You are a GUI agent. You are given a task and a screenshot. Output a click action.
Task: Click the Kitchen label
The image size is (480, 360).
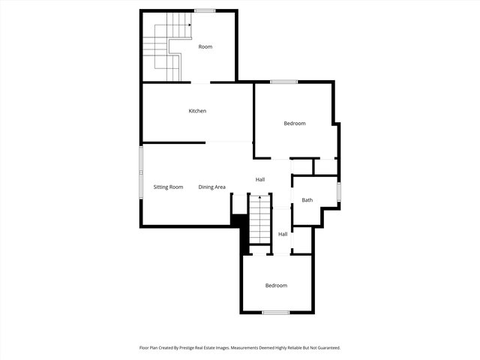pos(197,111)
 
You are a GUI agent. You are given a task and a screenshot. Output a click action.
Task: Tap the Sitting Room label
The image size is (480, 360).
pos(168,187)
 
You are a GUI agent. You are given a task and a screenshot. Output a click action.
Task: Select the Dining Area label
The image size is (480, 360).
pos(212,187)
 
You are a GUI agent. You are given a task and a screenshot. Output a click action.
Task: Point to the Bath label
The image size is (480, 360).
pos(307,200)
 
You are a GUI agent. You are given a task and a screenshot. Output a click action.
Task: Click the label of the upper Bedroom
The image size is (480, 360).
pos(294,123)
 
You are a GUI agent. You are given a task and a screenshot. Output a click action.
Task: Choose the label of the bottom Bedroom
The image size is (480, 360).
pos(276,286)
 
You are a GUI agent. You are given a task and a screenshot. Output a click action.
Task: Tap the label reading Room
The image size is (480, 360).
pos(205,46)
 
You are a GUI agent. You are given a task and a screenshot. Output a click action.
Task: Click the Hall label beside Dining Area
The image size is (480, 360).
pos(260,179)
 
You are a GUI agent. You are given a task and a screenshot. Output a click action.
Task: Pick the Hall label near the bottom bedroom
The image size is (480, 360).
pos(283,234)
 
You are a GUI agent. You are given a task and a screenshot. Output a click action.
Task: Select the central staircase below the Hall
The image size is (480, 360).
pos(259,219)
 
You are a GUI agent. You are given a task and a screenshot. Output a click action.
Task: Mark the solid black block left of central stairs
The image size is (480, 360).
pos(240,229)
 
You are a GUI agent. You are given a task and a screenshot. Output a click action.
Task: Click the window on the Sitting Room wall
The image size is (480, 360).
pos(140,172)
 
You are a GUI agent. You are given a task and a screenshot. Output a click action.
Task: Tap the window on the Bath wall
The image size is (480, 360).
pos(338,192)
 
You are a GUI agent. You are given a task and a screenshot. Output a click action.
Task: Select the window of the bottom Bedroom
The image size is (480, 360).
pos(276,312)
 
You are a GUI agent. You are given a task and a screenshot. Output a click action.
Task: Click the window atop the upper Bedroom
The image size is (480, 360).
pos(283,82)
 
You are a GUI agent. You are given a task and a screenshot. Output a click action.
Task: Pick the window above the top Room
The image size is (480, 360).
pos(205,10)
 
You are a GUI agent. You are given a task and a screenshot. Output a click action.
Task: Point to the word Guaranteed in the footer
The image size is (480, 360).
pos(326,348)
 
